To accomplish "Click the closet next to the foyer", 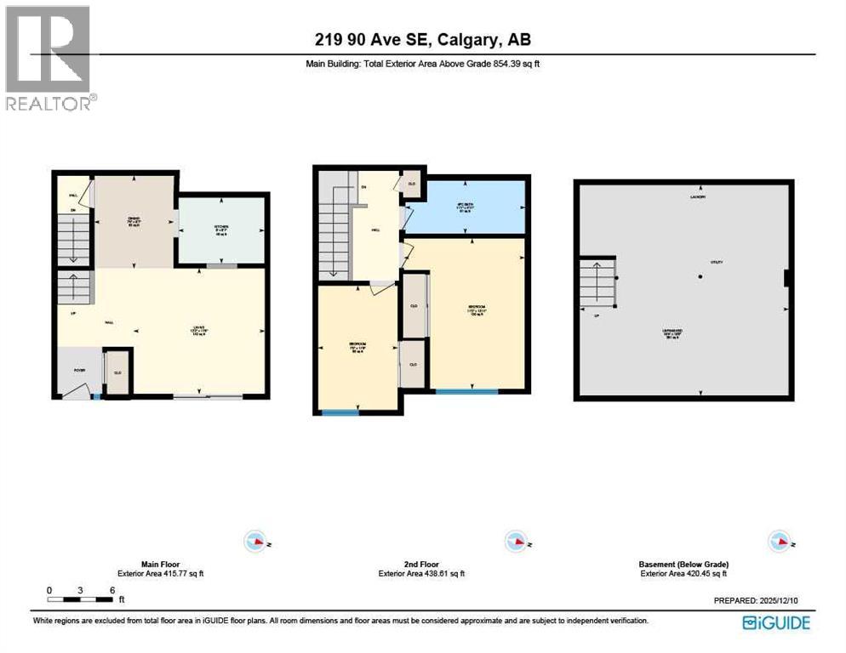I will (x=117, y=372).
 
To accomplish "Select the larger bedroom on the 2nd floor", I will (x=477, y=310).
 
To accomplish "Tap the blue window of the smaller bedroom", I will (x=340, y=413).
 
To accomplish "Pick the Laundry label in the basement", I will (x=700, y=198).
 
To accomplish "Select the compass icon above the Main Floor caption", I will (x=254, y=541).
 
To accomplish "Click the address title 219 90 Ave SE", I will (x=422, y=39).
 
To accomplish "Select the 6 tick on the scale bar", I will (x=111, y=590).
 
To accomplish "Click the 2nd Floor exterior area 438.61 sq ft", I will (x=421, y=574).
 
